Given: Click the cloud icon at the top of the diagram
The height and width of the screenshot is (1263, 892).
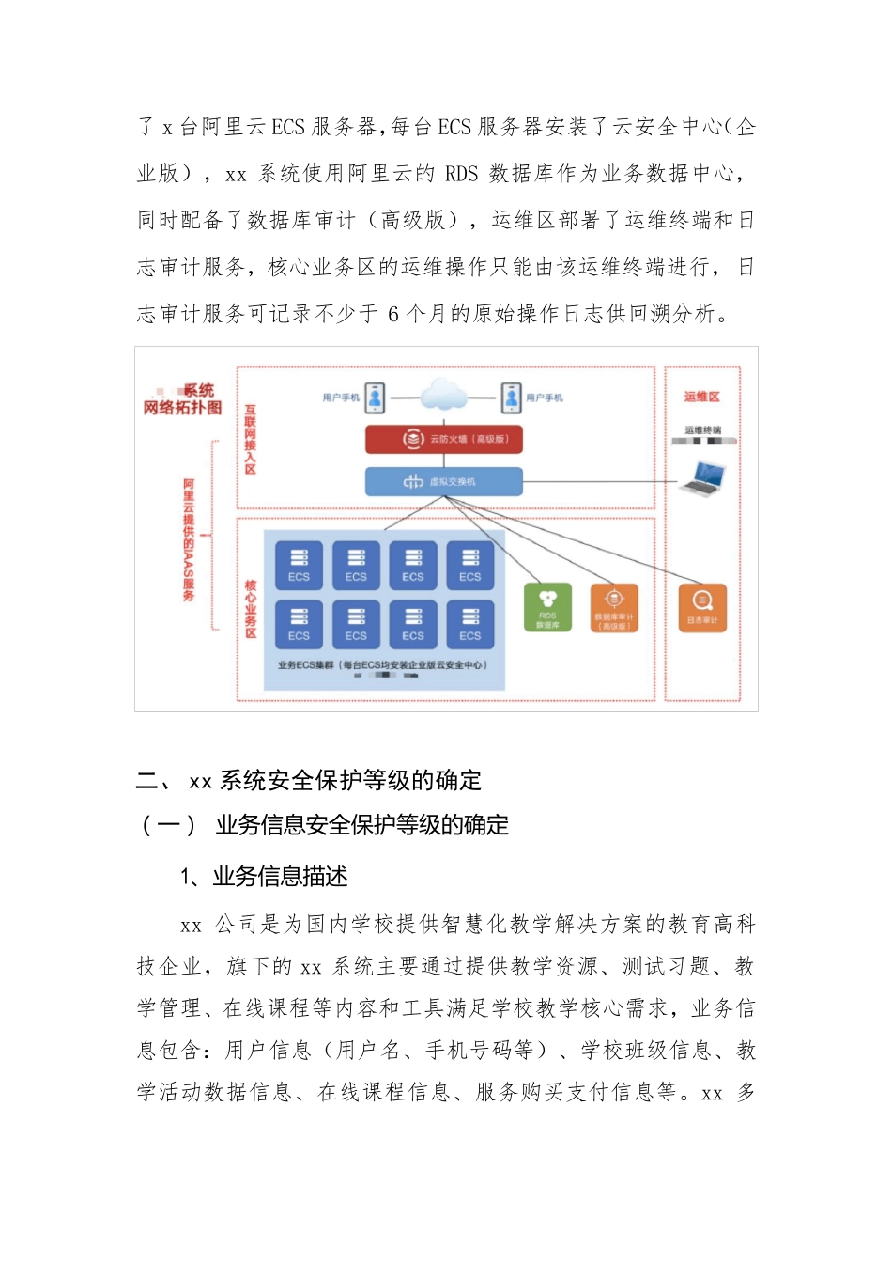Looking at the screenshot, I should [x=443, y=395].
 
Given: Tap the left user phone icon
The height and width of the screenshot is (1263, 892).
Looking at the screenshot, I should [x=375, y=398].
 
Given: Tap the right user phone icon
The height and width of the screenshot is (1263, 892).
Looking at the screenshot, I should [x=512, y=398].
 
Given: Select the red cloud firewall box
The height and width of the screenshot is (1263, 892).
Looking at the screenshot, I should [x=443, y=439].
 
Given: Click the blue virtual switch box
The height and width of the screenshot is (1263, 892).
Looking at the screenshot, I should [x=443, y=481].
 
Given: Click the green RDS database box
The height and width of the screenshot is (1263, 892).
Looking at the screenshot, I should [x=547, y=608].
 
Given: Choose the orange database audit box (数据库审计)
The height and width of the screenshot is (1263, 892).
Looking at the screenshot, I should [x=614, y=608].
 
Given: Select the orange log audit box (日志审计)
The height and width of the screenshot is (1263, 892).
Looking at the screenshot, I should [x=702, y=608].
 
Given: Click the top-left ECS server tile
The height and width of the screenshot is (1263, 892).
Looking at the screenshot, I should [x=299, y=566].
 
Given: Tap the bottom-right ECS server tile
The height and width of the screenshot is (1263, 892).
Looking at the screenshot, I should [x=469, y=625].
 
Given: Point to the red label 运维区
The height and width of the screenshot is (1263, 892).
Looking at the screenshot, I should [x=701, y=397].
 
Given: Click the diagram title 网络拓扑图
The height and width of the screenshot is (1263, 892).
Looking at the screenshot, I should [x=182, y=408].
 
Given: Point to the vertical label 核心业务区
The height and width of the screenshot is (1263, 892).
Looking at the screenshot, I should [x=251, y=609].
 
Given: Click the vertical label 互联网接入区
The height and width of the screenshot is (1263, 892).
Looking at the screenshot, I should [x=251, y=439].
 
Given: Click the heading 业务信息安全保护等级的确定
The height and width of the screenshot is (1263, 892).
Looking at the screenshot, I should [x=362, y=825].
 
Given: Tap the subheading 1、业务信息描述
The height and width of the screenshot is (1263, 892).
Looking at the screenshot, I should [x=264, y=877].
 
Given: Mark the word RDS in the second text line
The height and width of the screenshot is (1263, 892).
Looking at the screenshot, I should [x=461, y=174].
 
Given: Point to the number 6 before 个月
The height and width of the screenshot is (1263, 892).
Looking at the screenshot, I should [x=393, y=314].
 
